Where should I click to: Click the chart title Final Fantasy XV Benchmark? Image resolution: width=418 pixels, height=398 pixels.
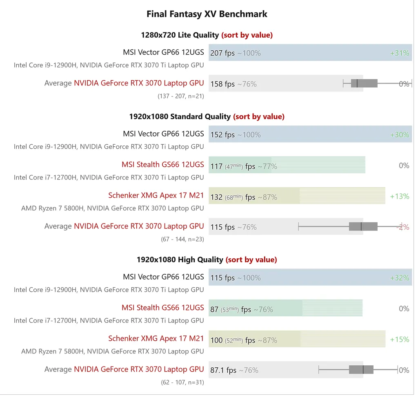207,14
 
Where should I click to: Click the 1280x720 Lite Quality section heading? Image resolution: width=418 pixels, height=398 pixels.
180,35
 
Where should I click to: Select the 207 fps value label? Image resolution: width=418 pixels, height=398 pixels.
222,53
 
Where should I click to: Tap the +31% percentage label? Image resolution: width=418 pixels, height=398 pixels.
399,53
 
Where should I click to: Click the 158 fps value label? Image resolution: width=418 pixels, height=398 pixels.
222,84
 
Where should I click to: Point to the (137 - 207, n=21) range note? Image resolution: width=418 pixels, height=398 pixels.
181,96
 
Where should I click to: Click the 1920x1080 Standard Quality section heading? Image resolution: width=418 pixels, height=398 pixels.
180,117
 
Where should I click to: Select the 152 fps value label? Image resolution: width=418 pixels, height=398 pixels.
222,135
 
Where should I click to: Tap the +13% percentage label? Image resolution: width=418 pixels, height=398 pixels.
399,197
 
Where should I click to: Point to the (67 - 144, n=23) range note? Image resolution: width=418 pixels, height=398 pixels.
182,239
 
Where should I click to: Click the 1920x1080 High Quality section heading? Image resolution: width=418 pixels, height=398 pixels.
180,260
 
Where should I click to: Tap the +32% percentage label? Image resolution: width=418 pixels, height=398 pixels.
399,278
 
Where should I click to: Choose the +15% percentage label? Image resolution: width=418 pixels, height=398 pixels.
399,340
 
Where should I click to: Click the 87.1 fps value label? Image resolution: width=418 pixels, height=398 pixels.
223,370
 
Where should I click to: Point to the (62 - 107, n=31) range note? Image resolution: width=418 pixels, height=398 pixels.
182,382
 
